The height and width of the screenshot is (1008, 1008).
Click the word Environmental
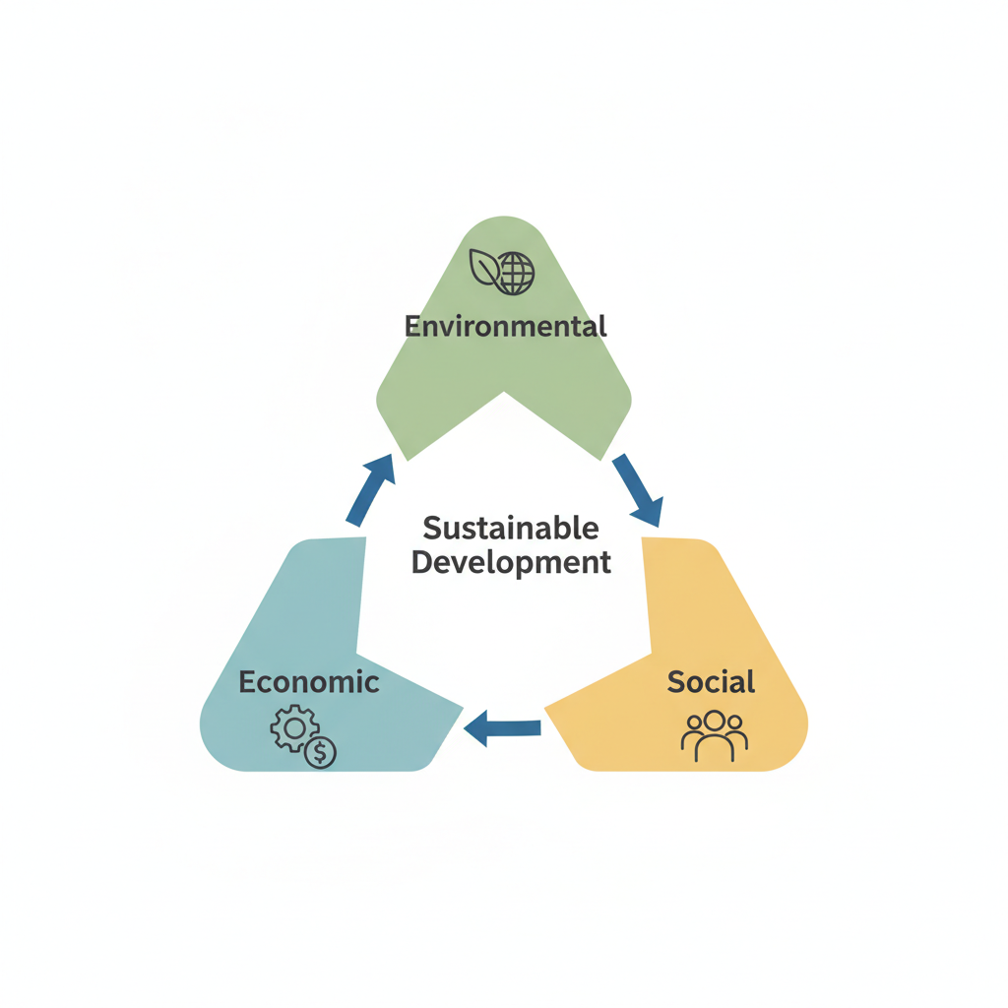click(x=505, y=326)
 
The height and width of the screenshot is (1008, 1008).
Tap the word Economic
click(x=308, y=681)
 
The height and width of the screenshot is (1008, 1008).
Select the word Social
click(x=711, y=681)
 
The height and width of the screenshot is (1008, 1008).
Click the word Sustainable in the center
click(x=510, y=528)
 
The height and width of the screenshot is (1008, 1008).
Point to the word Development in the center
click(x=511, y=563)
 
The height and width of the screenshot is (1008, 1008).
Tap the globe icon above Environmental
click(x=516, y=273)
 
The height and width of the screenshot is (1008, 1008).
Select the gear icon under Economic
click(x=292, y=729)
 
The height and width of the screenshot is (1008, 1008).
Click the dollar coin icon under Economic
click(x=321, y=753)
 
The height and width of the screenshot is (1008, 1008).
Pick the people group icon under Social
click(x=715, y=735)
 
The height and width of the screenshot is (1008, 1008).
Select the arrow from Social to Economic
click(x=503, y=729)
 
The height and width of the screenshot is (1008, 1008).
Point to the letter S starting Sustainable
click(x=431, y=529)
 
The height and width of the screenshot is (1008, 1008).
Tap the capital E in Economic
click(x=247, y=681)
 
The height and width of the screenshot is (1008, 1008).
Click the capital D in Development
click(x=422, y=563)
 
